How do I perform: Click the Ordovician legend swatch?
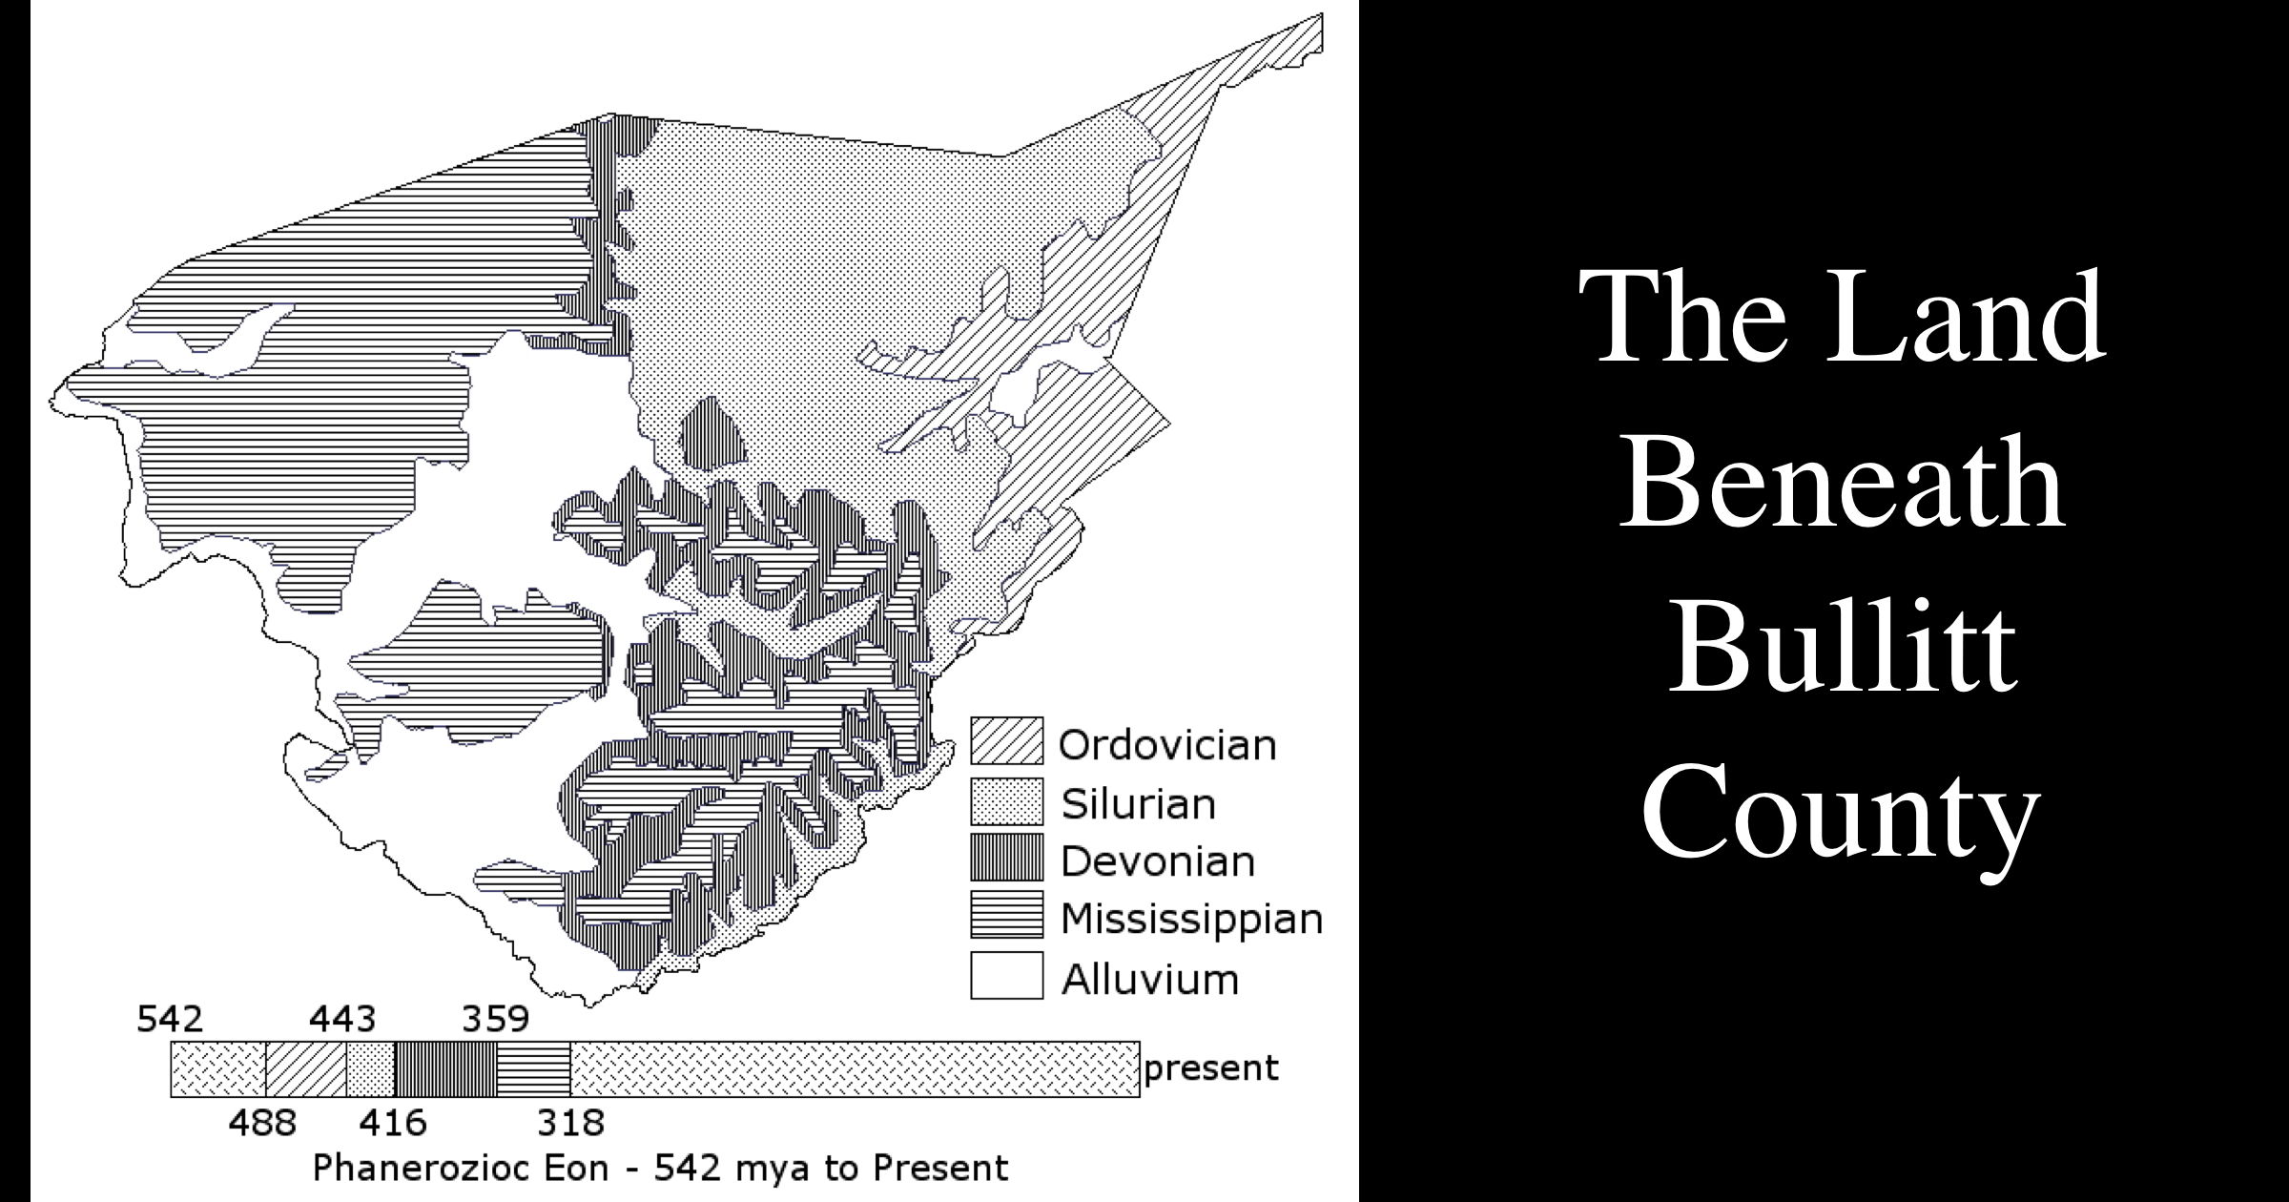[x=1006, y=741]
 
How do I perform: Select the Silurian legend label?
[x=1139, y=803]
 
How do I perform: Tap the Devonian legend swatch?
[x=1006, y=858]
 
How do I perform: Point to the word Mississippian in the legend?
[x=1191, y=920]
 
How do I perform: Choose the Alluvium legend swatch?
[x=1006, y=975]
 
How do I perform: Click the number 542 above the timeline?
[x=170, y=1020]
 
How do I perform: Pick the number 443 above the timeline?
[x=342, y=1020]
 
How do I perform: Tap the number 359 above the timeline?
[x=495, y=1020]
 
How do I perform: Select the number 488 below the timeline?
[x=262, y=1123]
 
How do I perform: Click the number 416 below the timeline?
[x=393, y=1123]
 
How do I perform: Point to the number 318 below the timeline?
[x=570, y=1123]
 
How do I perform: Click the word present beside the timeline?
[x=1211, y=1068]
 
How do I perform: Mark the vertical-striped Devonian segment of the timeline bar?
[x=445, y=1069]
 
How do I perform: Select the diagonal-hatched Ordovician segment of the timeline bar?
[x=305, y=1069]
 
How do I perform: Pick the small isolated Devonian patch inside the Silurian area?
[x=713, y=431]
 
